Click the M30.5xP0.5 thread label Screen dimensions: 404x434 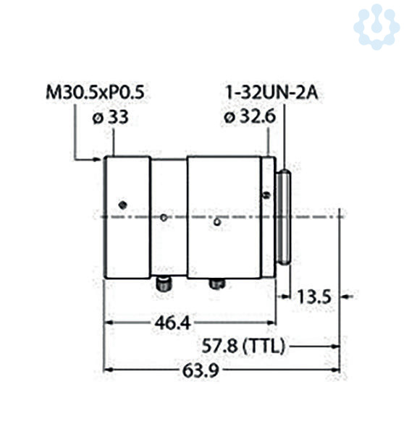95,92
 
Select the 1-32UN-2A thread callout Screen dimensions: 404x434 272,93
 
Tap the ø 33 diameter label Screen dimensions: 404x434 110,117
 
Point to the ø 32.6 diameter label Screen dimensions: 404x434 250,116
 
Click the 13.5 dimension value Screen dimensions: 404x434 313,297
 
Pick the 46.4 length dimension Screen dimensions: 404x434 172,323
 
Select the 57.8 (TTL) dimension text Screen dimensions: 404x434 243,346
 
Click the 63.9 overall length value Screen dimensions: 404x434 201,370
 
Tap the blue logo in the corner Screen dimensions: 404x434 376,27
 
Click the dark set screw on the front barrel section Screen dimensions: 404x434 122,205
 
